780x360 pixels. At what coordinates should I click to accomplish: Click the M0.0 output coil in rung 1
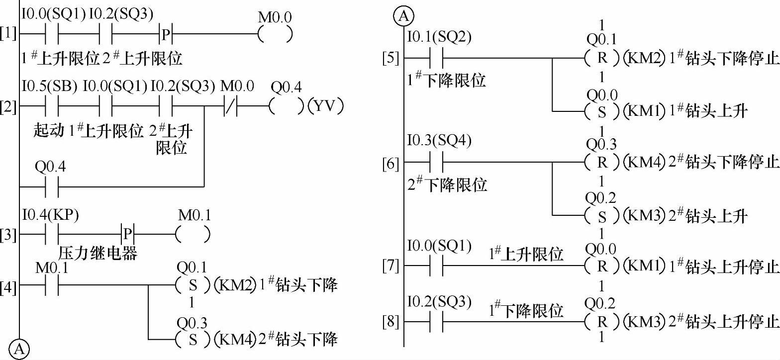tap(275, 34)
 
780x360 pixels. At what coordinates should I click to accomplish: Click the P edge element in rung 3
tap(128, 233)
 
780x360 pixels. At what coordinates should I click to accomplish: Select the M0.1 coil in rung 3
tap(193, 233)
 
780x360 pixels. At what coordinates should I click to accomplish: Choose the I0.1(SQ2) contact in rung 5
tap(435, 58)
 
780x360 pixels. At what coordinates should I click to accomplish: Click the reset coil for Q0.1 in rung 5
tap(602, 58)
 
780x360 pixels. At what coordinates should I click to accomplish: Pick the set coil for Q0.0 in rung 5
tap(602, 111)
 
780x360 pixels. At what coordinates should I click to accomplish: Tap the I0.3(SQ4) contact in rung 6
tap(435, 162)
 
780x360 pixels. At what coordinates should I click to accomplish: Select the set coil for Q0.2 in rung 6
tap(602, 215)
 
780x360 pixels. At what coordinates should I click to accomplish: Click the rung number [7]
tap(390, 267)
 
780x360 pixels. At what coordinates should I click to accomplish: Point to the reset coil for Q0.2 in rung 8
tap(602, 321)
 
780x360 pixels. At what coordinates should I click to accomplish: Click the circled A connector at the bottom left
tap(19, 350)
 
